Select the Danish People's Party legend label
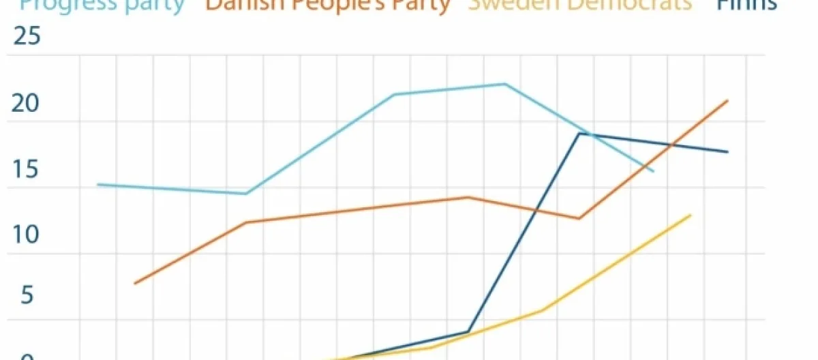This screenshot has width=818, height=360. point(328,5)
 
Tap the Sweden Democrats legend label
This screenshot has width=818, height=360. point(579,5)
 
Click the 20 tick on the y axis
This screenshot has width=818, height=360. point(27,104)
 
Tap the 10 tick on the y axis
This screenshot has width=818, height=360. point(27,235)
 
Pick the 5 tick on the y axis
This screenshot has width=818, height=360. point(27,296)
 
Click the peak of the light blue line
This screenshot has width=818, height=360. point(504,84)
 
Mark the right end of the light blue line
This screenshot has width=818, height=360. point(653,170)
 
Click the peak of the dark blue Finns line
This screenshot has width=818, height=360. point(579,133)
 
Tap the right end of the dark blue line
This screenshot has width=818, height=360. point(728,151)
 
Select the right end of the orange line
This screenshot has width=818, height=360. point(728,101)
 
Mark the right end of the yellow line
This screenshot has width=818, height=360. point(691,215)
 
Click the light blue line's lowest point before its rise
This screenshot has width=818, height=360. point(245,194)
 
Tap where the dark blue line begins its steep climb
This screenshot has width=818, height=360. point(468,331)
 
